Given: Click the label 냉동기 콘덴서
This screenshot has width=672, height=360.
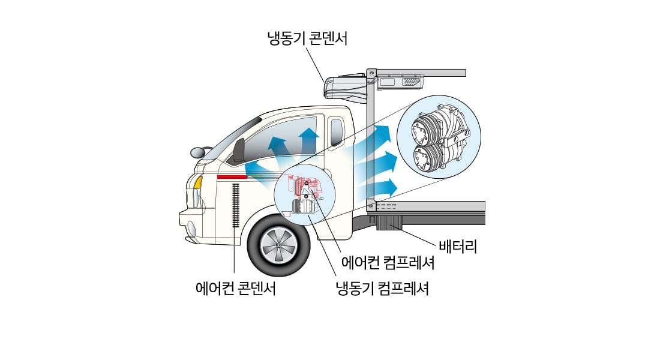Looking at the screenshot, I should tap(307, 40).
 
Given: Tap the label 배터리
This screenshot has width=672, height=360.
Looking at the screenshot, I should tap(457, 246).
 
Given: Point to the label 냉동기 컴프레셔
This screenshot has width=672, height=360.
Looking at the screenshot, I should tap(382, 289).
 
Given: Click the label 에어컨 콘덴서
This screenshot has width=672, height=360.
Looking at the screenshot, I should tap(236, 289).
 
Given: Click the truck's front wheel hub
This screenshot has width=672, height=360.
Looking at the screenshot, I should tap(279, 246).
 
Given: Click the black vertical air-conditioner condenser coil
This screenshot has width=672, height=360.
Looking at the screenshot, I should tap(235, 205).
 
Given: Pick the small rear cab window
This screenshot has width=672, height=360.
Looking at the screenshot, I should tap(337, 133).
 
